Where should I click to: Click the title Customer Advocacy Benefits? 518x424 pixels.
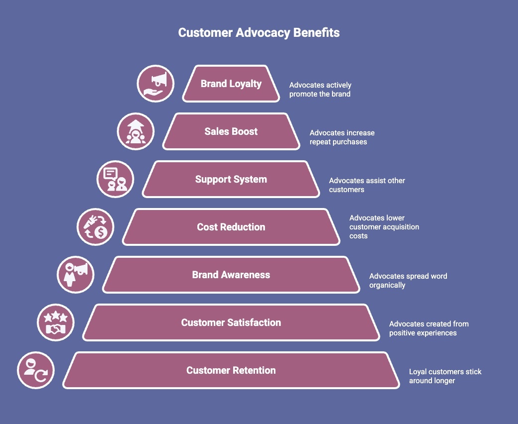click(x=259, y=33)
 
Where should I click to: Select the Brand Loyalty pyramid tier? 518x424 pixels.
click(x=231, y=84)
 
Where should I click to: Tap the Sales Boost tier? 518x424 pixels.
click(x=231, y=131)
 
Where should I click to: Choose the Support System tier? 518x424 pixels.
click(x=231, y=179)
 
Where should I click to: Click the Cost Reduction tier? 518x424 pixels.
click(x=231, y=227)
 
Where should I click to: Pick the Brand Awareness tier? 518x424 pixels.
click(x=231, y=275)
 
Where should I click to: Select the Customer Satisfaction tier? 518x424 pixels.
click(x=231, y=322)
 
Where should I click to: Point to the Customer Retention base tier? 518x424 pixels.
click(x=231, y=370)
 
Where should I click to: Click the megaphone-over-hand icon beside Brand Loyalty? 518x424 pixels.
click(x=155, y=84)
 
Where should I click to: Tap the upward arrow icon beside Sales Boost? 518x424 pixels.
click(x=135, y=131)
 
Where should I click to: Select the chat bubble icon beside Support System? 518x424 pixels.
click(x=115, y=179)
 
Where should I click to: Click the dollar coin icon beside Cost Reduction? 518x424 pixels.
click(x=95, y=227)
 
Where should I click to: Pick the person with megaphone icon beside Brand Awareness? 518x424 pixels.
click(x=76, y=275)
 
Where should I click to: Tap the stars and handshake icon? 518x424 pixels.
click(x=56, y=322)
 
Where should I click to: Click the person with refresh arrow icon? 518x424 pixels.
click(x=36, y=370)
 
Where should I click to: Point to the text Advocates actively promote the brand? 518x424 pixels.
click(x=320, y=90)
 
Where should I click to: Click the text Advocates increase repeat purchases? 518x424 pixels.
click(x=342, y=137)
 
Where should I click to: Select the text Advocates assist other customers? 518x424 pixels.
click(x=367, y=185)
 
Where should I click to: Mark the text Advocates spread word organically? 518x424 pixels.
click(x=408, y=281)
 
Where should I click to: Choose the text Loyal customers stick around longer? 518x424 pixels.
click(x=445, y=376)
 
